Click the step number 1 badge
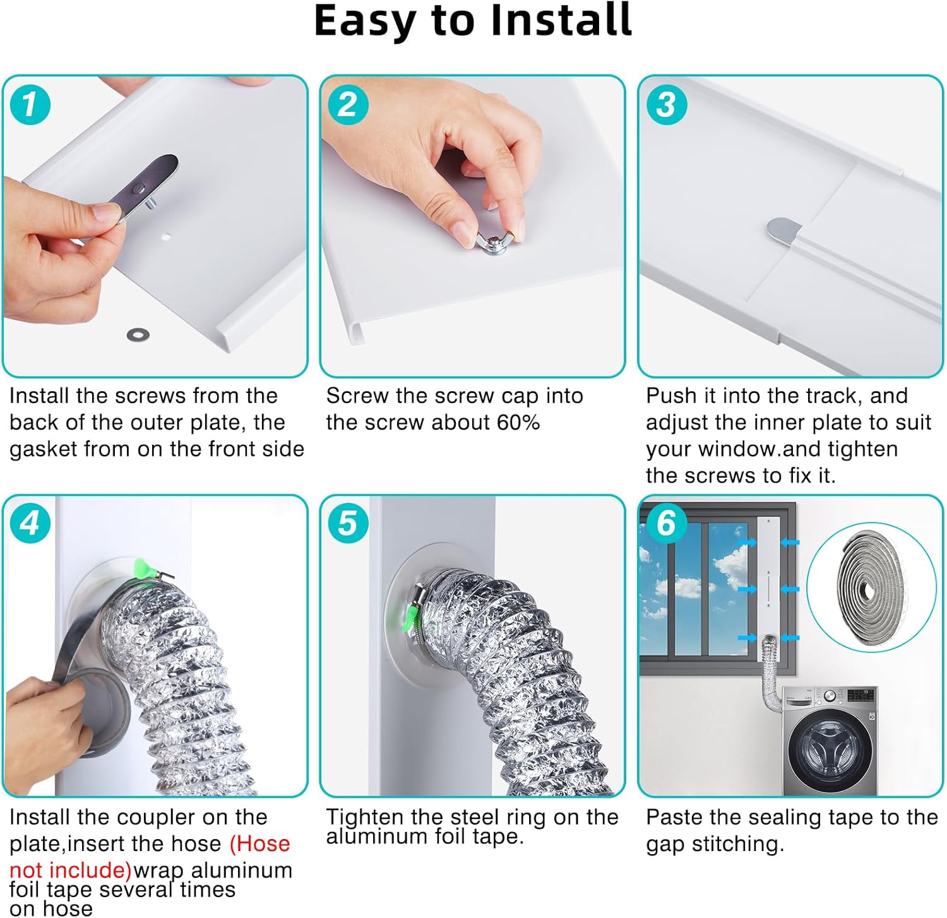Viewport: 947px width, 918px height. click(x=30, y=104)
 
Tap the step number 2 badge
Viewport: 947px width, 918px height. click(x=347, y=104)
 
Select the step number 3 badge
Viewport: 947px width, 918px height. click(x=666, y=104)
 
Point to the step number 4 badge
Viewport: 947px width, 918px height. click(x=30, y=523)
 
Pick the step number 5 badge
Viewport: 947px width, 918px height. click(x=347, y=523)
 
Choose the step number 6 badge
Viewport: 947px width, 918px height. click(x=666, y=523)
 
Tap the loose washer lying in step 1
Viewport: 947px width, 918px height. click(x=134, y=333)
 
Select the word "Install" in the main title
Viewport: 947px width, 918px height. click(x=561, y=21)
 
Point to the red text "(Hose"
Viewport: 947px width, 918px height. click(x=259, y=844)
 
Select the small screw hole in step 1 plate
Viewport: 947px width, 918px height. click(x=166, y=237)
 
